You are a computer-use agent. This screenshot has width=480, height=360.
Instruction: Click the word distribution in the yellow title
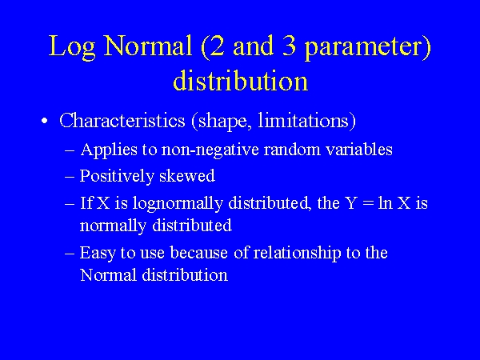click(x=240, y=81)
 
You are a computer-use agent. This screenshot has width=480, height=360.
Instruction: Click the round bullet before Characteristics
click(x=46, y=122)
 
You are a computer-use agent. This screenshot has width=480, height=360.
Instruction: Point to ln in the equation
click(x=386, y=202)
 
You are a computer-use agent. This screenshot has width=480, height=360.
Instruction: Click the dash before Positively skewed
click(x=70, y=177)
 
